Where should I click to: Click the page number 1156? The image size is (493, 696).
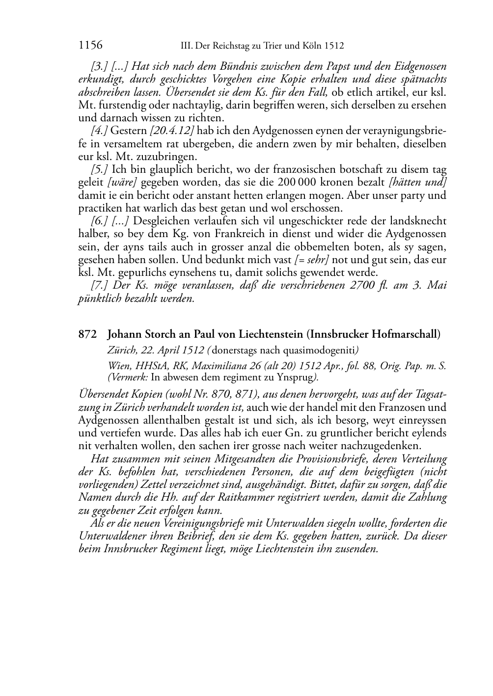pyautogui.click(x=90, y=46)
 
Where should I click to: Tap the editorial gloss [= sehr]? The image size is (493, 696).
pyautogui.click(x=311, y=260)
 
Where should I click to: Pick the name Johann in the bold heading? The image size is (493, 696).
pyautogui.click(x=124, y=334)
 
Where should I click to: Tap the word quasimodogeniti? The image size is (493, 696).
pyautogui.click(x=325, y=350)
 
